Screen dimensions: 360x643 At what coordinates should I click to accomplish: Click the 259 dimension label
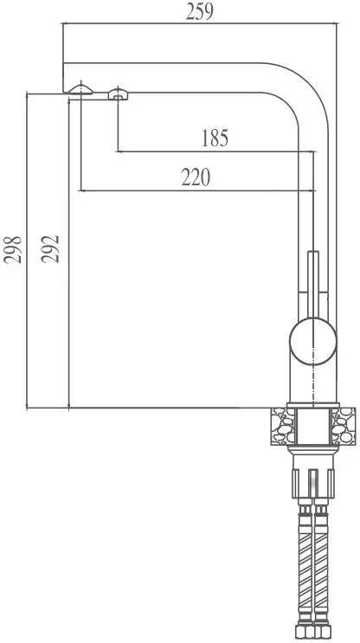(x=200, y=11)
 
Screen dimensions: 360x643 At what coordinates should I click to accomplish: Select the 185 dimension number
(x=215, y=138)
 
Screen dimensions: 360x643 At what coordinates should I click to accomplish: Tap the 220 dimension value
(x=196, y=177)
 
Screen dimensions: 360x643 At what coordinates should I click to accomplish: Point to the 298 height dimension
(x=13, y=250)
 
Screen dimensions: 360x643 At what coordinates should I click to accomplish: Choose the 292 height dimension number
(x=51, y=249)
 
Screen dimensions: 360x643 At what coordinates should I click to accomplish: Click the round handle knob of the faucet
(x=313, y=342)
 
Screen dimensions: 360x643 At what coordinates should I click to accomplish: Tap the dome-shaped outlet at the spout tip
(x=80, y=89)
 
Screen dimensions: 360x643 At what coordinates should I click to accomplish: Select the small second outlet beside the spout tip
(x=118, y=94)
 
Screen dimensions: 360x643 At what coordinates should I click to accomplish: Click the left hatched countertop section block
(x=282, y=426)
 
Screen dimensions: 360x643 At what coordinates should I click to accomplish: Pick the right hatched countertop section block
(x=344, y=426)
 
